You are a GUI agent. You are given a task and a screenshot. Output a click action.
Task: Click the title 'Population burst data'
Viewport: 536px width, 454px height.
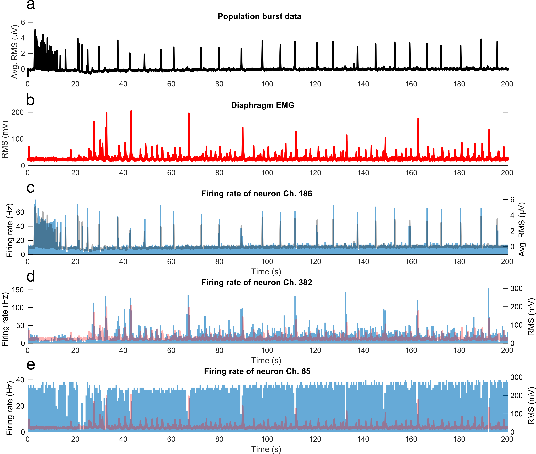pos(259,16)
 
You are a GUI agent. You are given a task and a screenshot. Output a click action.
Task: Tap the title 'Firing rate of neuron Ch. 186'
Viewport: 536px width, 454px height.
pos(257,194)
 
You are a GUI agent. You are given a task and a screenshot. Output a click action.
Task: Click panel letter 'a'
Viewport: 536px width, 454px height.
pos(31,5)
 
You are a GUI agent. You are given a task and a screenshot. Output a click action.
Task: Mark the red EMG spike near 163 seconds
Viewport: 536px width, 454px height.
pos(418,119)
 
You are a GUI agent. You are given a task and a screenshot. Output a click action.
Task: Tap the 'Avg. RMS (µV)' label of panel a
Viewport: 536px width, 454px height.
pos(14,51)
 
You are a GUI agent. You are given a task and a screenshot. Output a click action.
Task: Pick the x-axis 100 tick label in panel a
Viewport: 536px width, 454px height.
pos(267,84)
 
